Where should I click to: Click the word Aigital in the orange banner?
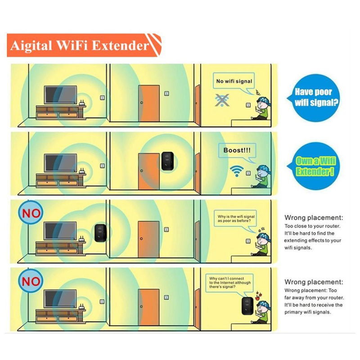tap(31, 45)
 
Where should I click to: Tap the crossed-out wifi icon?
tap(222, 100)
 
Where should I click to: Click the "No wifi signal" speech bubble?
tap(234, 81)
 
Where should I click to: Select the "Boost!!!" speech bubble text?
tap(237, 150)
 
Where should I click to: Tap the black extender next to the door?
tap(167, 161)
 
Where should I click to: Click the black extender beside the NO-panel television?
tap(100, 233)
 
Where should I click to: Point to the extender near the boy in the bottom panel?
tap(247, 306)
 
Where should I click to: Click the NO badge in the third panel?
tap(31, 213)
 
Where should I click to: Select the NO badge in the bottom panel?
tap(31, 281)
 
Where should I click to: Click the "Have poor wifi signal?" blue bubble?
tap(314, 98)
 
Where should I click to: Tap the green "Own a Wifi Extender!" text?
tap(315, 166)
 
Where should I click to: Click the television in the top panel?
tap(61, 95)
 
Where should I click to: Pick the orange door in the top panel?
tap(149, 103)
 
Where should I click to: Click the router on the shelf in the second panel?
tap(82, 171)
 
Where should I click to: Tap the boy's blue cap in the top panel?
tap(264, 100)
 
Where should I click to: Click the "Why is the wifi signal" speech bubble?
tap(236, 219)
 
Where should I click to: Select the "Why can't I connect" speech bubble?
tap(229, 283)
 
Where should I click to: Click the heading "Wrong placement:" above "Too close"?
tap(314, 217)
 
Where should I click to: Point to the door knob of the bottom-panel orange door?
tap(141, 306)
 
